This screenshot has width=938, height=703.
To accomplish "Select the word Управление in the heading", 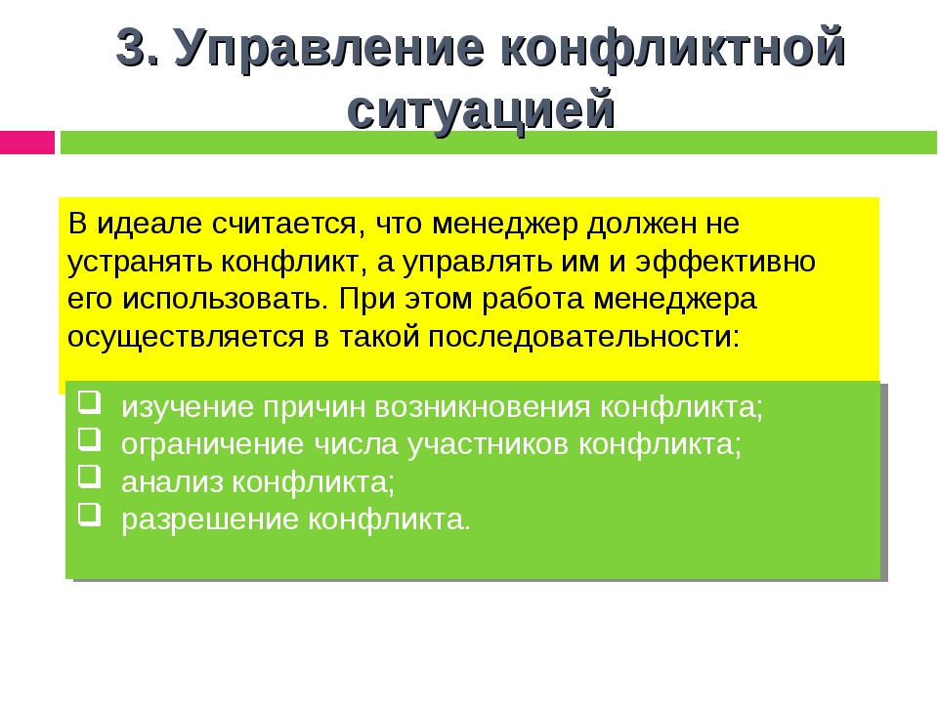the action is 329,50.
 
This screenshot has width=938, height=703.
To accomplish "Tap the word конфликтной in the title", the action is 673,50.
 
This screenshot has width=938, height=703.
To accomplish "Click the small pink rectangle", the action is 27,143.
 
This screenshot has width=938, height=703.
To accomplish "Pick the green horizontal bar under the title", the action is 498,143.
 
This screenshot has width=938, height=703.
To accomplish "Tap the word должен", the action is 641,225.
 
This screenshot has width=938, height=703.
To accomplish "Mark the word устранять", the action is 140,263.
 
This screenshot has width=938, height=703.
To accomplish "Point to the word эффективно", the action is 725,262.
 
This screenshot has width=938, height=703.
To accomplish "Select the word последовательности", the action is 584,337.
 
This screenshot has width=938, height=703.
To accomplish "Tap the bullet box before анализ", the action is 89,476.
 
